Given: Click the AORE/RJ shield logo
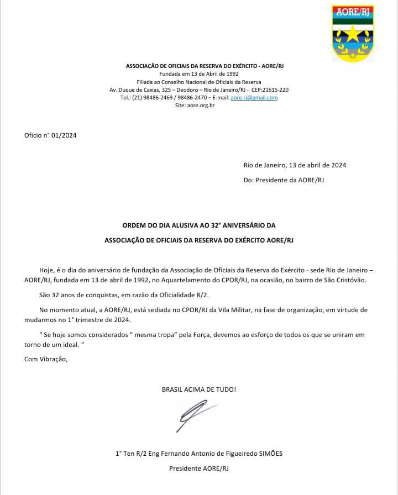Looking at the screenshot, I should pos(352,33).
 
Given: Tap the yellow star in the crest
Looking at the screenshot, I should pos(352,36).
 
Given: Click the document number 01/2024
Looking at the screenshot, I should pos(64,135).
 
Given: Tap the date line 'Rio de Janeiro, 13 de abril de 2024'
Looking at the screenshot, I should pos(295,165).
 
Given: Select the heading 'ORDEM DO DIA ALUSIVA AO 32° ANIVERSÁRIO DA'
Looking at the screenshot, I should pos(198,225).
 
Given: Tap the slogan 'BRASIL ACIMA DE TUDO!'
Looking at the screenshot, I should pos(198,389).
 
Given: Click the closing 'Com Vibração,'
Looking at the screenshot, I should pos(46,359).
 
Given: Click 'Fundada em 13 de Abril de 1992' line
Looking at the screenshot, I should pos(198,73).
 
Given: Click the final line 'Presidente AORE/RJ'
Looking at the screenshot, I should pos(198,468).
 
